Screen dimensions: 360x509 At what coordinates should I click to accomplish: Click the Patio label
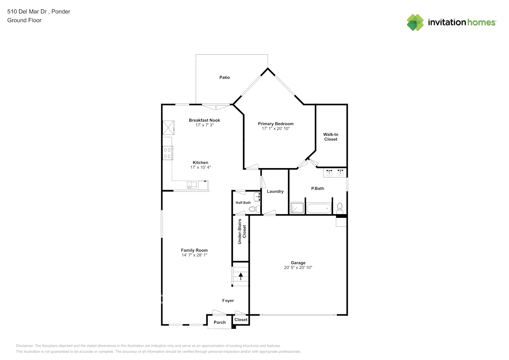(224, 77)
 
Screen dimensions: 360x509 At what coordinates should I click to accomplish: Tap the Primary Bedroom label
(275, 124)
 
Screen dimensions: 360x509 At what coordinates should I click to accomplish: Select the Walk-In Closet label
(330, 137)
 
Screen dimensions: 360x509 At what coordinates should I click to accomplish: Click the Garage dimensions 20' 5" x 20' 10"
(298, 268)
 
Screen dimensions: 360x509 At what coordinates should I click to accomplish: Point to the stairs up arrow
(241, 276)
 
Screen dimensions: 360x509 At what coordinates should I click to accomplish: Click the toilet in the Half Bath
(254, 208)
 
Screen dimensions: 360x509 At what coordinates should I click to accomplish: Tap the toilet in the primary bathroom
(339, 207)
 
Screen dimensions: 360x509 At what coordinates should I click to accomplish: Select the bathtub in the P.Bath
(319, 208)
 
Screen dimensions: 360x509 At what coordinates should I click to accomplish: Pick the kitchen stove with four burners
(167, 153)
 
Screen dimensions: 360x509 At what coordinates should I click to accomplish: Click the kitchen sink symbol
(192, 185)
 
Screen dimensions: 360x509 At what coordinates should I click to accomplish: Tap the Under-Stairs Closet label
(242, 231)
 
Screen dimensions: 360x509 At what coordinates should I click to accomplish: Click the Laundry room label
(275, 192)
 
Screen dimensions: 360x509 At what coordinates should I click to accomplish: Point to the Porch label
(220, 323)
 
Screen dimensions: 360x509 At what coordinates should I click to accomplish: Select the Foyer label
(228, 301)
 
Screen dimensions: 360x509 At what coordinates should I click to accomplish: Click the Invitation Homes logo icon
(415, 22)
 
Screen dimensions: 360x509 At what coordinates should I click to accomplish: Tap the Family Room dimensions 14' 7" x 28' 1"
(194, 255)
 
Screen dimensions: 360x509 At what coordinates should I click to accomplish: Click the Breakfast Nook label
(204, 120)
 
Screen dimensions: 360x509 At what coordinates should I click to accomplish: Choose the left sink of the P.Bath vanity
(329, 173)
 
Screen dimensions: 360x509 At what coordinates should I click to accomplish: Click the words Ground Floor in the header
(24, 20)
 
